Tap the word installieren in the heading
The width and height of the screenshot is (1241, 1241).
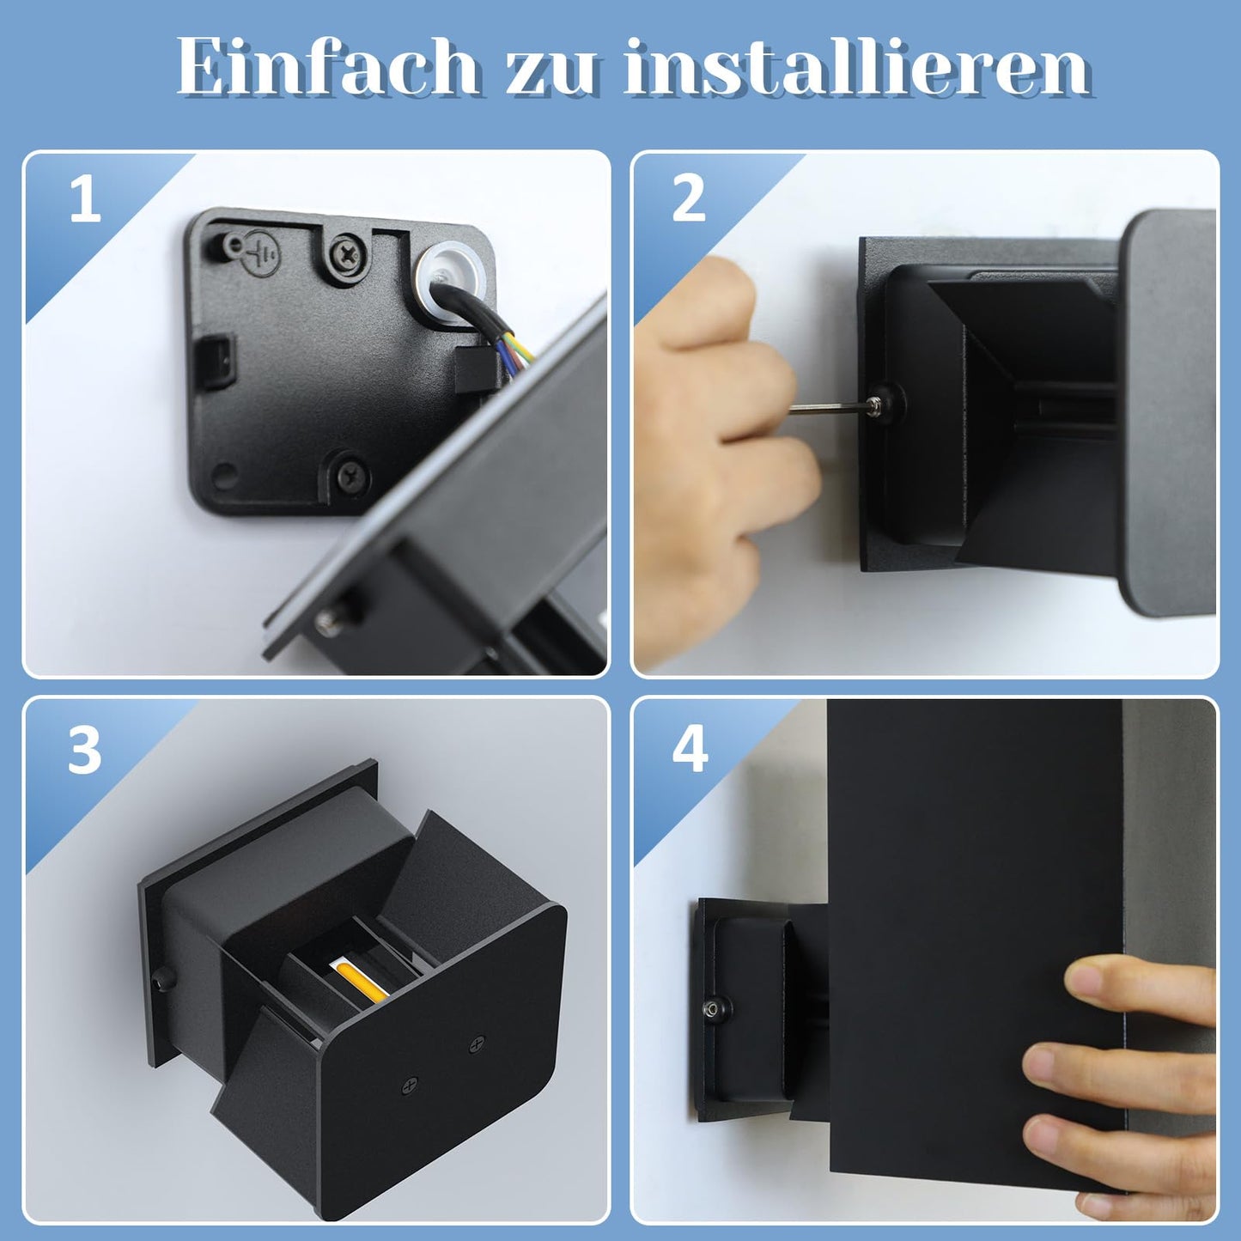pos(856,66)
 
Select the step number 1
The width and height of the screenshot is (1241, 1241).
pos(86,199)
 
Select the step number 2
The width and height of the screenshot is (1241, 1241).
pos(689,199)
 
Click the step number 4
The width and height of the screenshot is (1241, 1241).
pos(690,751)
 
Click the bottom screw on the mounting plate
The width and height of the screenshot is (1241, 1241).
pos(350,477)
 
